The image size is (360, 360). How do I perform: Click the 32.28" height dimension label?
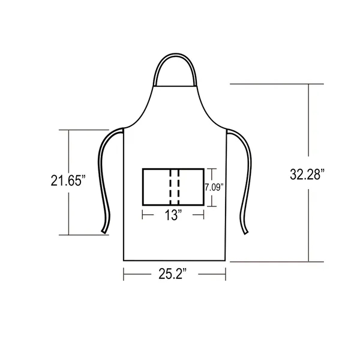pos(307,175)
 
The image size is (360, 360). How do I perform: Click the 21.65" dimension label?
pos(68,181)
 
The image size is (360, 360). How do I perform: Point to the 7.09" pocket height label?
pos(214,187)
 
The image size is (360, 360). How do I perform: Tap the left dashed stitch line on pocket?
pos(170,187)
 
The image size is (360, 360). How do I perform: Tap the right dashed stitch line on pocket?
pos(178,187)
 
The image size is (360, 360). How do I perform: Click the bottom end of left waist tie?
pos(104,231)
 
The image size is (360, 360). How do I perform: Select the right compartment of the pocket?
pos(191,187)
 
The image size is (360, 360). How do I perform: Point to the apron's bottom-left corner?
pos(124,260)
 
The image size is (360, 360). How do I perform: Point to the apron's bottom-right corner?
pos(226,260)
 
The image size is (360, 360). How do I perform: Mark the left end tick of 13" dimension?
pos(142,215)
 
